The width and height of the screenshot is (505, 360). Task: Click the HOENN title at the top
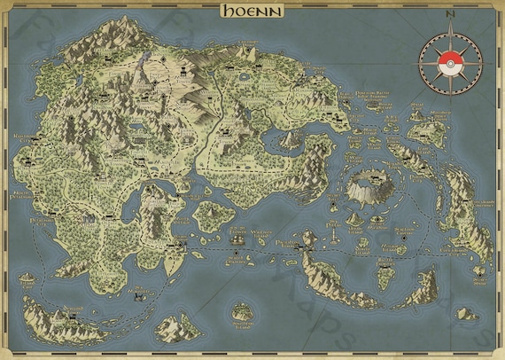tap(252, 11)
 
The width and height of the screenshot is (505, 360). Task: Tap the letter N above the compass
tap(449, 15)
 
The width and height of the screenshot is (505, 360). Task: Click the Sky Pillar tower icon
tap(309, 237)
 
